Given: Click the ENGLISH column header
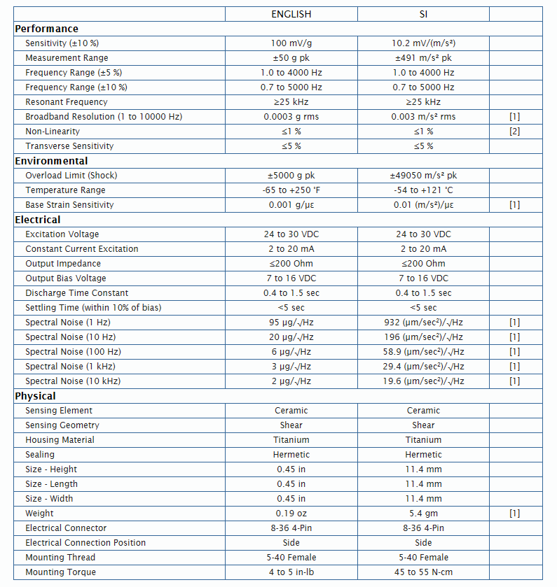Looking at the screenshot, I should pos(291,14).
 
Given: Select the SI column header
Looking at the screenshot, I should pos(423,14).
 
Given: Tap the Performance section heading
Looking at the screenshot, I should pos(46,29).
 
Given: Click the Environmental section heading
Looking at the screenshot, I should pos(52,161).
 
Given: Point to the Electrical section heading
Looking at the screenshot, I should pos(38,220).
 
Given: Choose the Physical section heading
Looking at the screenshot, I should pos(35,396).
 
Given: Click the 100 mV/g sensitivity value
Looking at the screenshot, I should pos(291,43).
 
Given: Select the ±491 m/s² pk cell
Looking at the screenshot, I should pos(423,58).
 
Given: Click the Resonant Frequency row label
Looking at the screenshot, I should pos(67,102).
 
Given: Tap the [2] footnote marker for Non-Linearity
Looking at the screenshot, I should pos(515,132).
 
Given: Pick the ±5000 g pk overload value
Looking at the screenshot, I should pos(291,176).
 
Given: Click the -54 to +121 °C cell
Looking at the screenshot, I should pos(423,190).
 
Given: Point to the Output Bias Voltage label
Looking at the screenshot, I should pos(66,278).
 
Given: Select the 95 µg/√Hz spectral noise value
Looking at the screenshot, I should pos(291,323).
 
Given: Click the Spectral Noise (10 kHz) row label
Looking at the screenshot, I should pos(73,381).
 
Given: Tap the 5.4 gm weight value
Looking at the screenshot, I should pos(423,514).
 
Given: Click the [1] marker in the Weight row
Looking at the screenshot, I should pos(515,514).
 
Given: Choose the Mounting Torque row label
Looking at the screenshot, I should pos(61,572).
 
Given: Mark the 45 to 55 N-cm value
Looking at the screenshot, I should pos(423,572).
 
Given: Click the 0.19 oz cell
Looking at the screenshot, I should pos(291,514).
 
